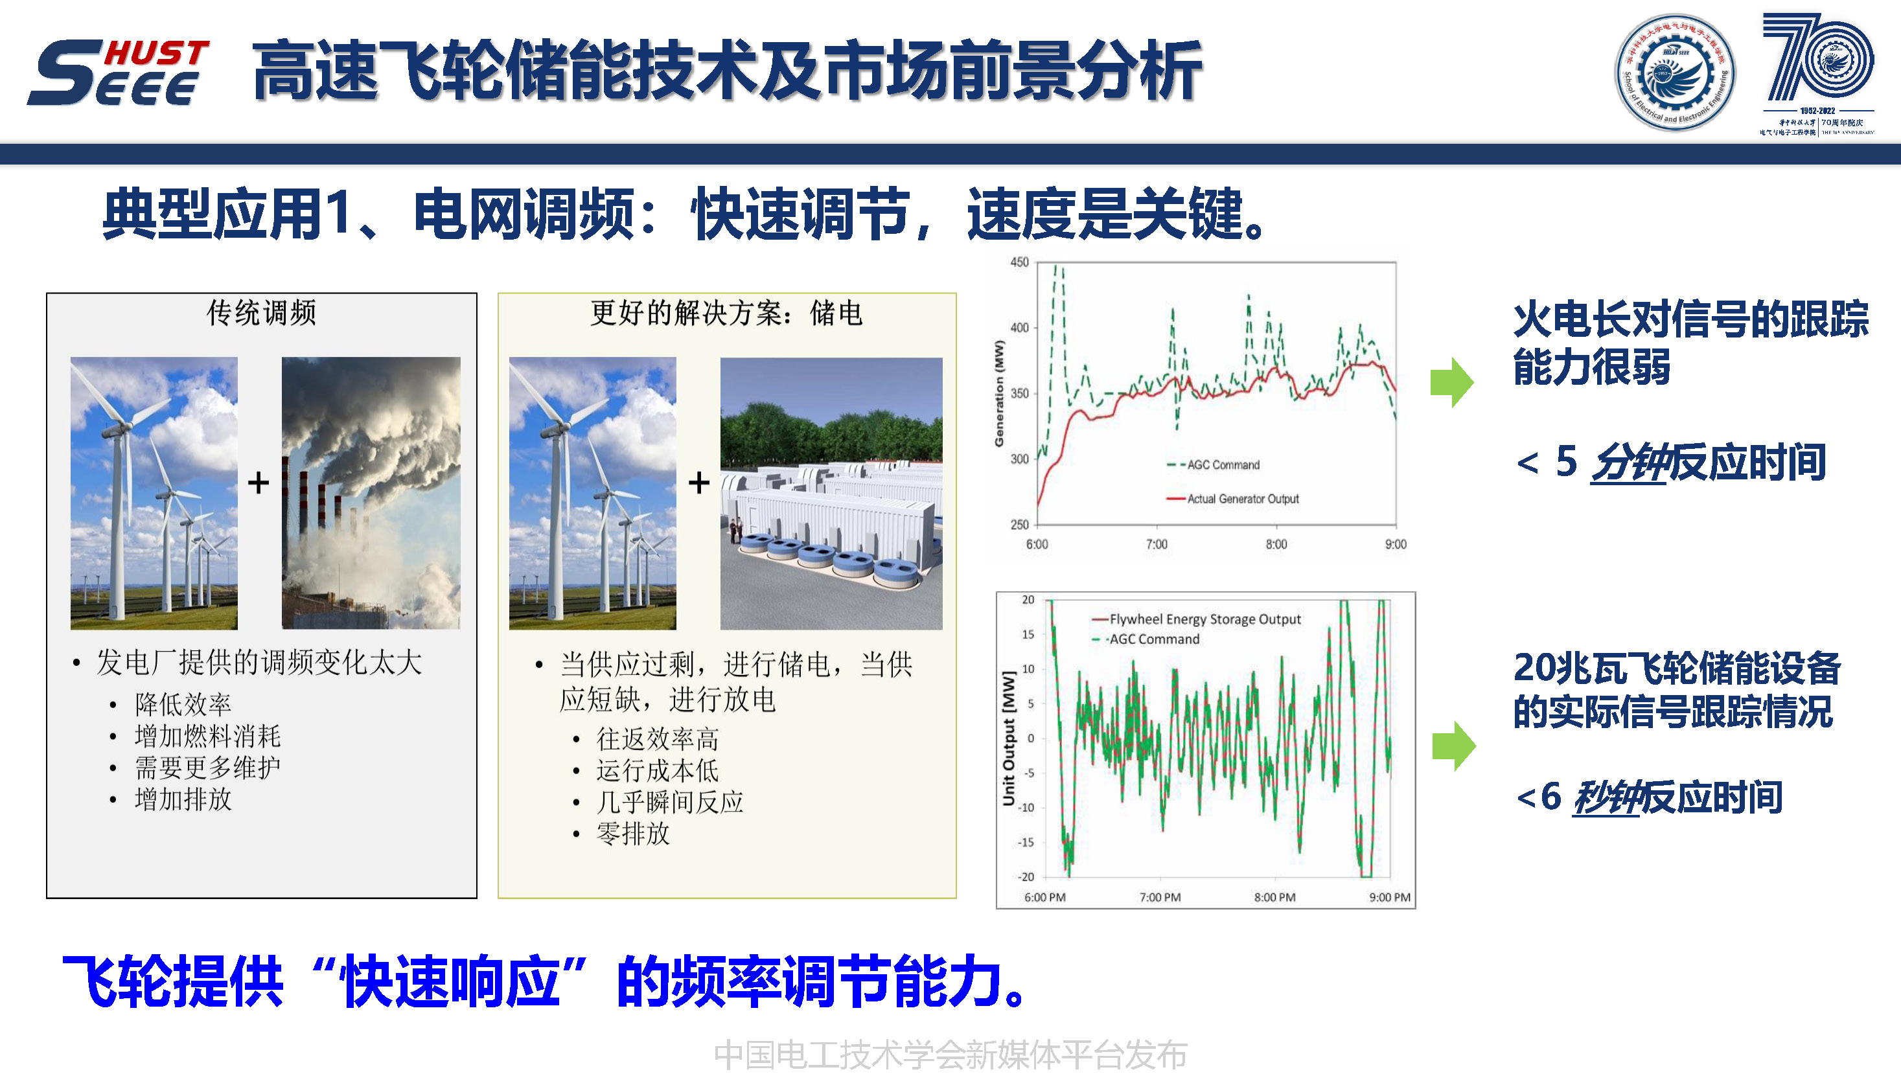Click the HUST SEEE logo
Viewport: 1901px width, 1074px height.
click(x=118, y=73)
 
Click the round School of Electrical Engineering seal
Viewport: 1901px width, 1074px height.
click(x=1674, y=73)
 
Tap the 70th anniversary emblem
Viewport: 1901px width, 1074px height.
click(x=1817, y=73)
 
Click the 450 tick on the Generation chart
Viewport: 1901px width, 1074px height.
click(x=1019, y=262)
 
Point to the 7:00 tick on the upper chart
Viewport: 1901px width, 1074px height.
click(x=1157, y=544)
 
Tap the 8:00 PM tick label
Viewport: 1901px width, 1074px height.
click(x=1274, y=898)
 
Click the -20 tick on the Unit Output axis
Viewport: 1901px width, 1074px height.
click(x=1026, y=877)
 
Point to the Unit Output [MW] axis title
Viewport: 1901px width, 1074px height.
click(x=1008, y=738)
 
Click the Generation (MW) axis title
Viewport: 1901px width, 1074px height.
click(x=999, y=393)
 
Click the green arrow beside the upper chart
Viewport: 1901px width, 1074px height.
click(x=1451, y=382)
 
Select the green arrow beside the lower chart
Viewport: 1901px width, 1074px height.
click(x=1453, y=746)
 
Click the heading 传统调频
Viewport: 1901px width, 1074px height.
click(x=261, y=313)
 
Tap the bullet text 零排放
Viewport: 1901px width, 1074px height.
click(x=632, y=834)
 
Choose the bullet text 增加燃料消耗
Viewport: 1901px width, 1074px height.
click(x=207, y=736)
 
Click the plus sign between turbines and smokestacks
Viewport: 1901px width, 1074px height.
click(x=259, y=483)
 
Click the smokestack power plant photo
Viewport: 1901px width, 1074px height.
click(x=371, y=493)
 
